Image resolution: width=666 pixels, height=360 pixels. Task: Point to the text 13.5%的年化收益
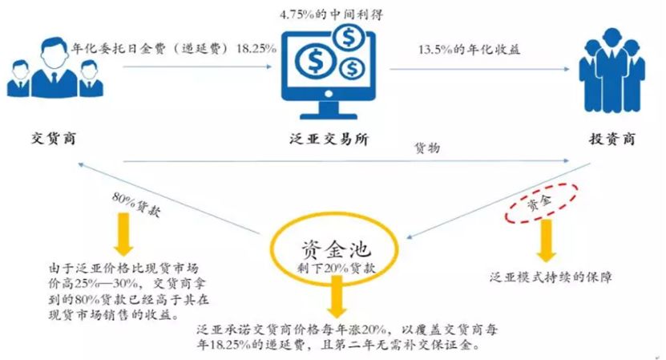point(470,49)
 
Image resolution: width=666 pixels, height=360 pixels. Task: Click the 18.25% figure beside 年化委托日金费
point(256,49)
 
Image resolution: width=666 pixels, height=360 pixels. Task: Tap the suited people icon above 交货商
point(48,72)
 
